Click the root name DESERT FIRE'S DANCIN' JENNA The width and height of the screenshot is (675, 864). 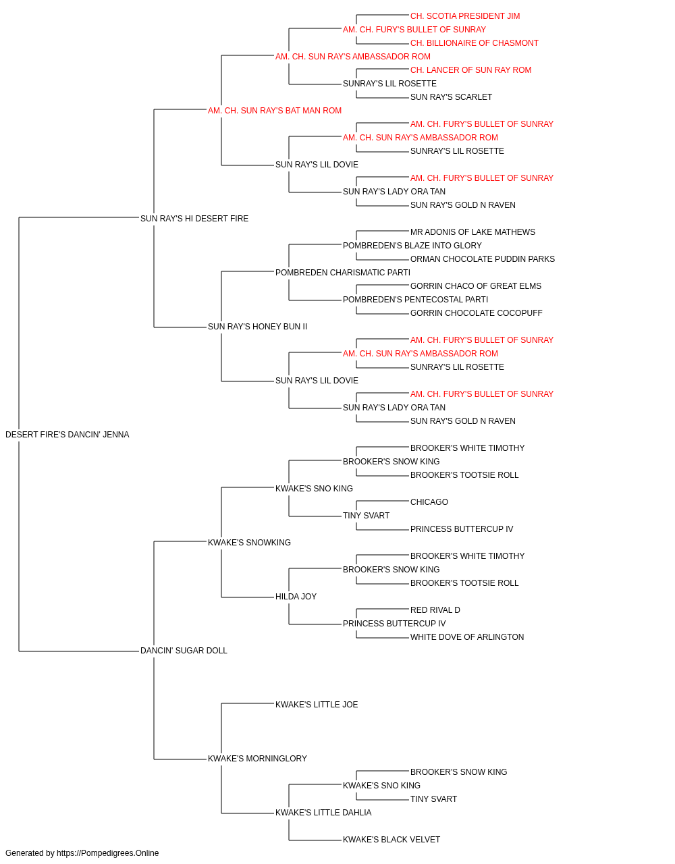pyautogui.click(x=67, y=435)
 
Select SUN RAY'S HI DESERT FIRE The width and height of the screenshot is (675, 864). pyautogui.click(x=194, y=218)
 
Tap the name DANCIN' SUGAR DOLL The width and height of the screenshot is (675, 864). pyautogui.click(x=184, y=651)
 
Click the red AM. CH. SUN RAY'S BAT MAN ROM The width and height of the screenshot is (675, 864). pyautogui.click(x=275, y=111)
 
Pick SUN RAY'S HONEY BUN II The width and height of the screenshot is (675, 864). pyautogui.click(x=258, y=327)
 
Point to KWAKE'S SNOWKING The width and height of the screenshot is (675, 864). pyautogui.click(x=249, y=542)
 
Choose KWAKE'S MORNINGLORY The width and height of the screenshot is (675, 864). pyautogui.click(x=258, y=758)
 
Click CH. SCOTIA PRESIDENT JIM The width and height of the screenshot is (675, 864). pyautogui.click(x=465, y=16)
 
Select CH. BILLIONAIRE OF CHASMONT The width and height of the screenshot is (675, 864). pyautogui.click(x=475, y=43)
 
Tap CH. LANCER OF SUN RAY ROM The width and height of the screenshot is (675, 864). pyautogui.click(x=470, y=70)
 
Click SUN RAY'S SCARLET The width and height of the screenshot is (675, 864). pyautogui.click(x=451, y=97)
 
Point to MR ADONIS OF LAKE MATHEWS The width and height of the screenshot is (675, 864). pyautogui.click(x=473, y=232)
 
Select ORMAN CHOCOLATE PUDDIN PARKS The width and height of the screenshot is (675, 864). pyautogui.click(x=483, y=259)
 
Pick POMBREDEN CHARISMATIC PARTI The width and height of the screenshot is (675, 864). pyautogui.click(x=343, y=272)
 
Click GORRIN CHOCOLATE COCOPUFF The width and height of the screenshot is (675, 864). pyautogui.click(x=477, y=313)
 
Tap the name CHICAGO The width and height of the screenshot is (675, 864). pyautogui.click(x=429, y=502)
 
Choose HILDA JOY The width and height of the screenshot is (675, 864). pyautogui.click(x=296, y=597)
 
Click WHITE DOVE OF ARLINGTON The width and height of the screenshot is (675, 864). pyautogui.click(x=467, y=637)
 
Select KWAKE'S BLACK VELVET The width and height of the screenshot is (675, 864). pyautogui.click(x=391, y=839)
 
